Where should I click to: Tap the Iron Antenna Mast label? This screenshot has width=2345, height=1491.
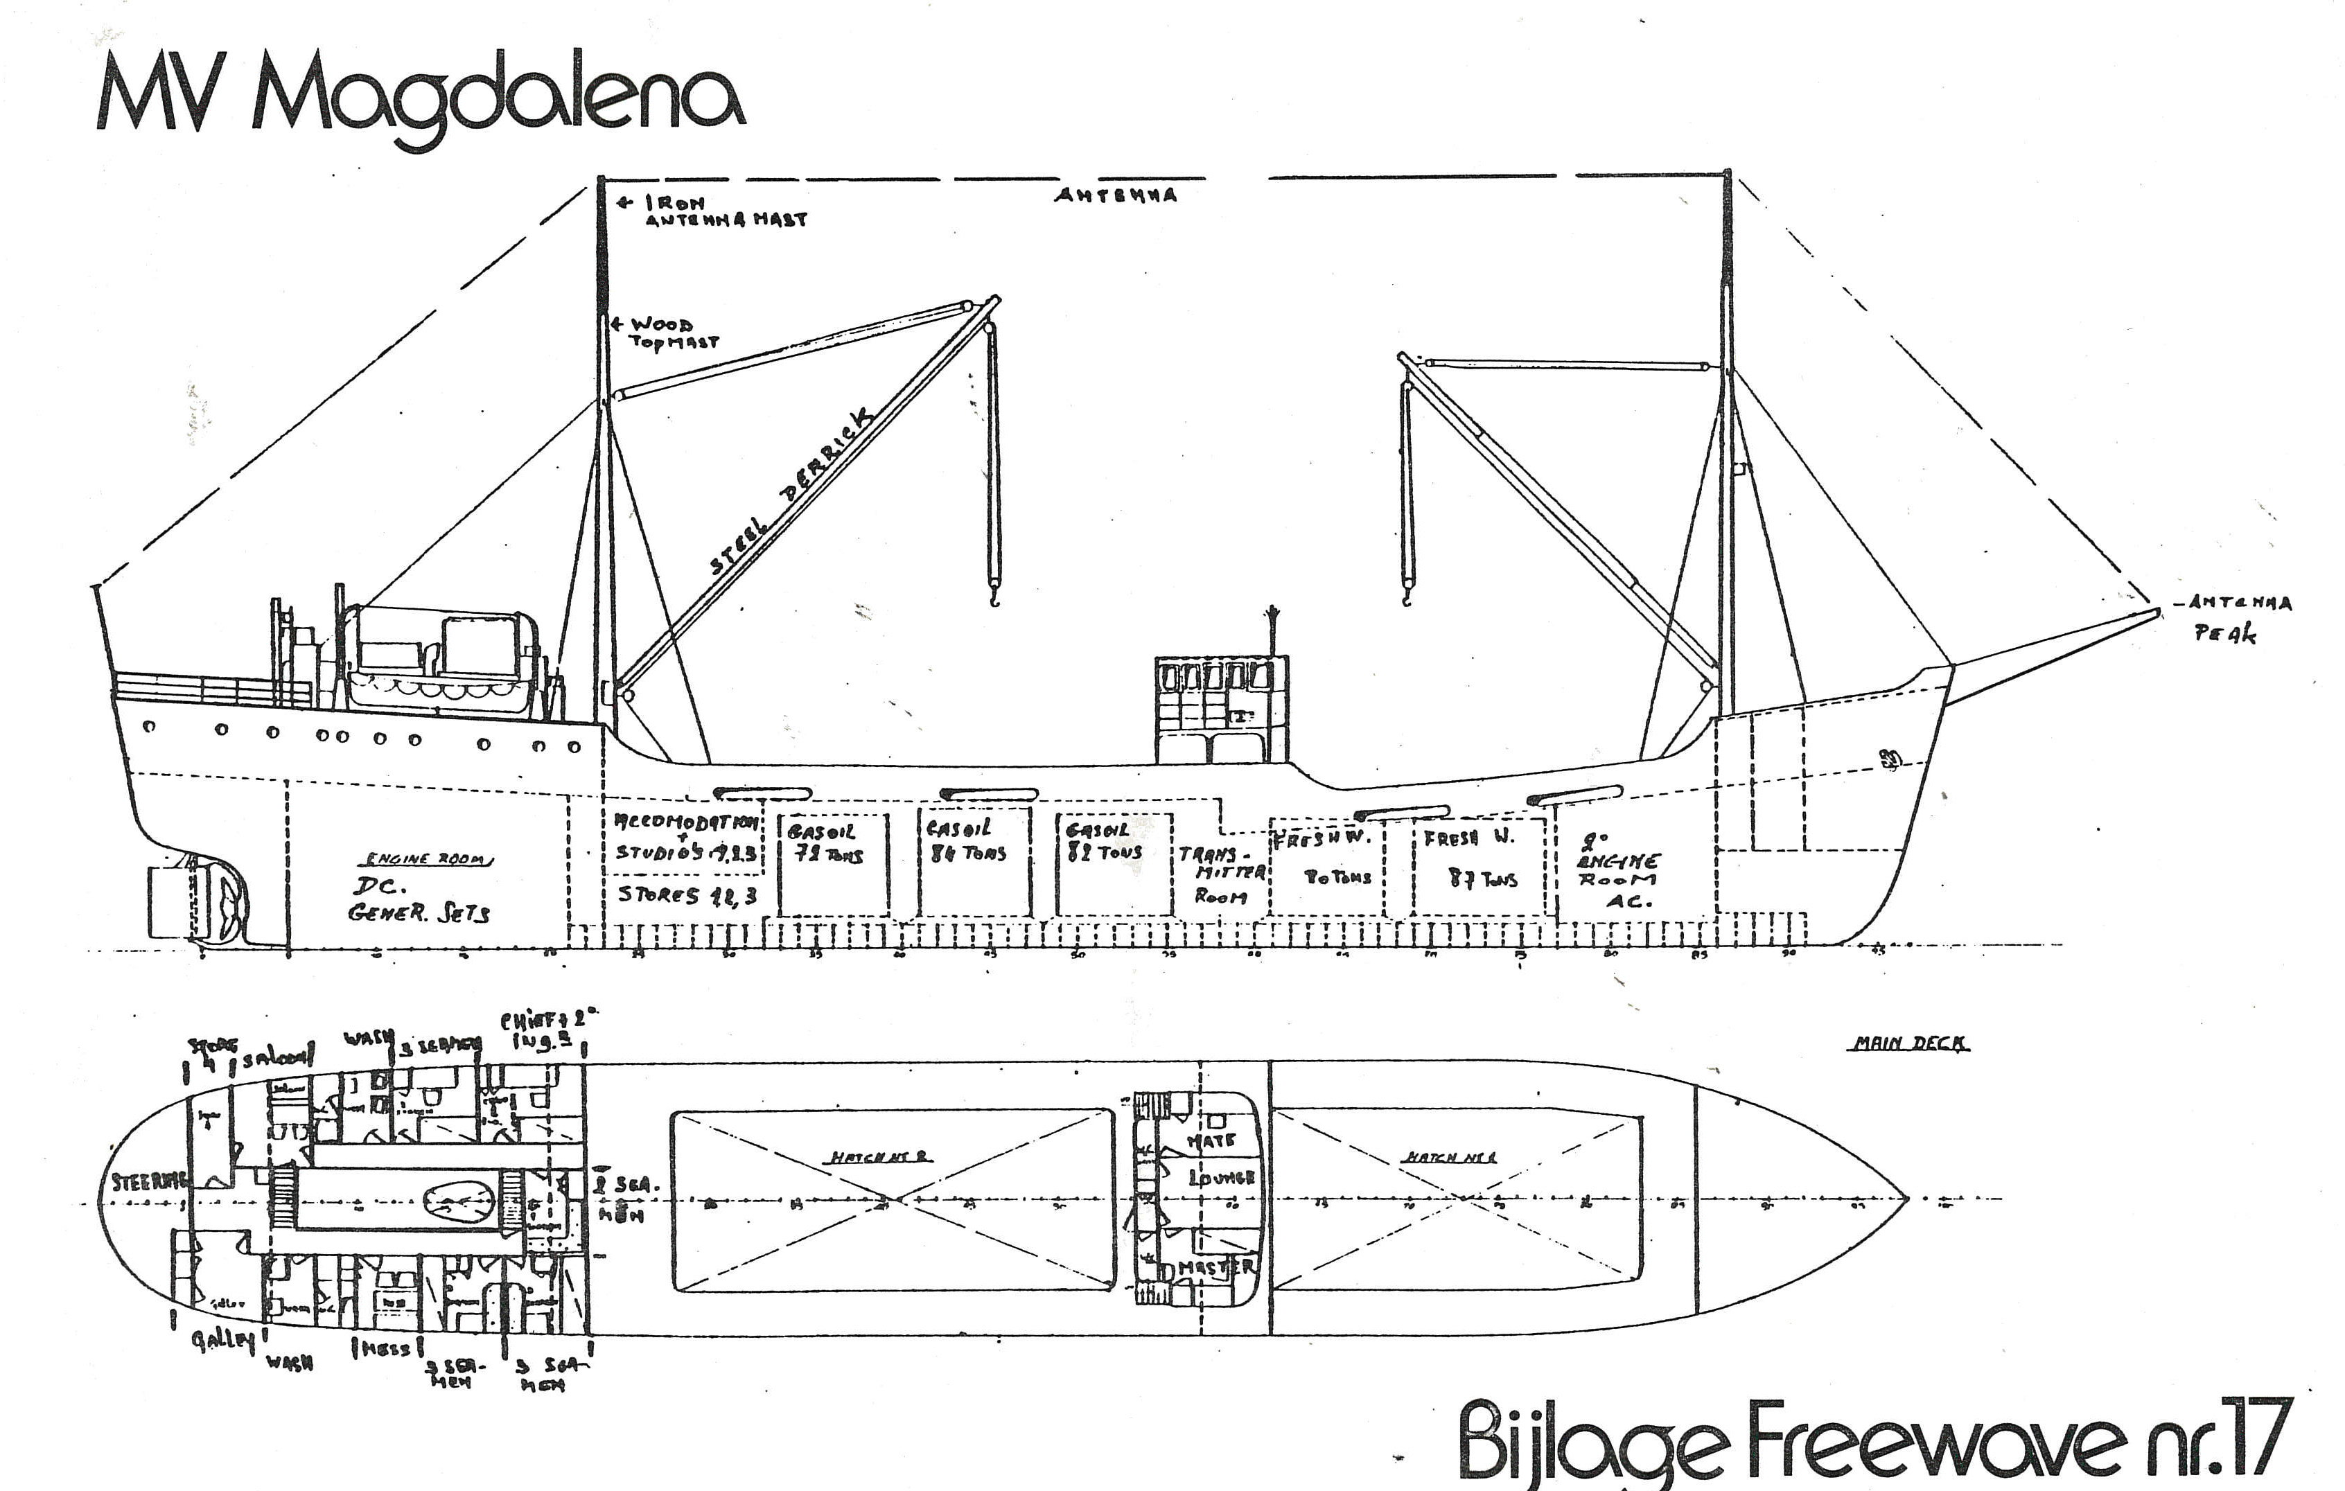(x=726, y=211)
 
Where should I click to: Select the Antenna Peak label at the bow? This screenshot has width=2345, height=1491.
(x=2238, y=617)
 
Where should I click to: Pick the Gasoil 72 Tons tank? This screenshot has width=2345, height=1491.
(x=833, y=863)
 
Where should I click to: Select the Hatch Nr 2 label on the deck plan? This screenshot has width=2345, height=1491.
(x=881, y=1157)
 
